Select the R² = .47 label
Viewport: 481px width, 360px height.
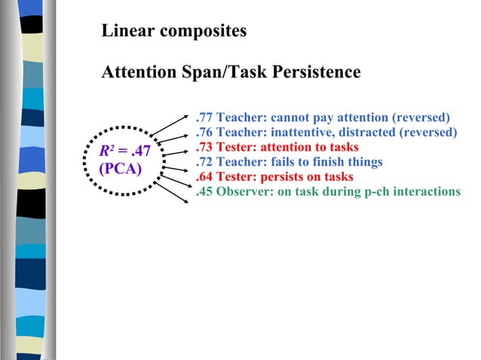125,152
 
